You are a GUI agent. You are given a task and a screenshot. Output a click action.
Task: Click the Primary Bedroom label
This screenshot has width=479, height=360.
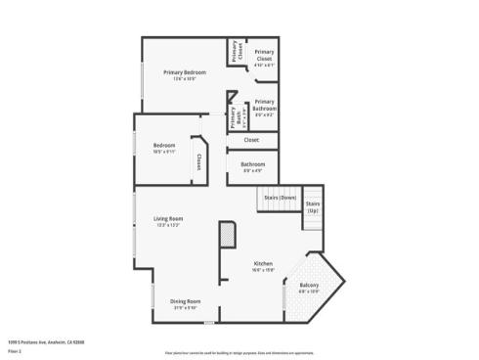(185, 73)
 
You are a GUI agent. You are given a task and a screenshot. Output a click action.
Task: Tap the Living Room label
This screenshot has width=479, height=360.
(168, 218)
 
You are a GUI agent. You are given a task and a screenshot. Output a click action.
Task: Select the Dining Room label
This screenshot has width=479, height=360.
(186, 300)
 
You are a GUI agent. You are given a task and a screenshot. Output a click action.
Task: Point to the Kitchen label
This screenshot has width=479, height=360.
(263, 264)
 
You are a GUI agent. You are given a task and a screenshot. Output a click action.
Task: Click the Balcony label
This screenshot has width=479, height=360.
(308, 285)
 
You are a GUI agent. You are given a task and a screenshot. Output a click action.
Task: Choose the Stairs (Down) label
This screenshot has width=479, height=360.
(281, 198)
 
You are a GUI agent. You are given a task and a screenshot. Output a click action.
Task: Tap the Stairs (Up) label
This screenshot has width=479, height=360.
(313, 206)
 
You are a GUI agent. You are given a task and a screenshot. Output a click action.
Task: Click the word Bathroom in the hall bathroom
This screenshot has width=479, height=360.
(252, 164)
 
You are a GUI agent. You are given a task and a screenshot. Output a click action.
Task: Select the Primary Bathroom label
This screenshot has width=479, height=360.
(264, 104)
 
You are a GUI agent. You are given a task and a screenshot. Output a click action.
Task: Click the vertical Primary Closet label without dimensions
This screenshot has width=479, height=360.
(235, 52)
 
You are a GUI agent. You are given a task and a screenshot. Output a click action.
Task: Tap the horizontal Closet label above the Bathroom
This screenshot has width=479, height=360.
(251, 140)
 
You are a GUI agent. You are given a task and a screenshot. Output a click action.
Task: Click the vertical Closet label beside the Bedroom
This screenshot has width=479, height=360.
(198, 162)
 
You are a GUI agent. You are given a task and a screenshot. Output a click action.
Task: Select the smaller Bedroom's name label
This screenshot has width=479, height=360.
(163, 145)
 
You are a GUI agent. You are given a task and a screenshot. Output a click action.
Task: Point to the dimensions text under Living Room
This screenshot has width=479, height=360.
(168, 225)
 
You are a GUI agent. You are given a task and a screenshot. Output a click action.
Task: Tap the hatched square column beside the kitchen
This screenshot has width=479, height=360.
(227, 235)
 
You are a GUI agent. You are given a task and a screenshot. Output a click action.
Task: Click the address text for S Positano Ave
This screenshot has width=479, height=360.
(47, 341)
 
